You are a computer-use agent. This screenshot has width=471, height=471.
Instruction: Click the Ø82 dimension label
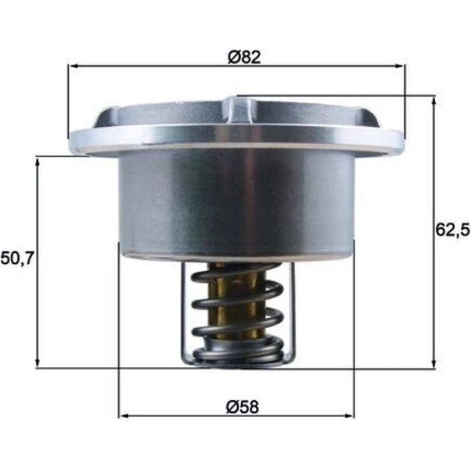(244, 57)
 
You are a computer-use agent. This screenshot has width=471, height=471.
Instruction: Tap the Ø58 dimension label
(242, 407)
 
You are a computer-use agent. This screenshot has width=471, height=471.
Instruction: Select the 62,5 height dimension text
(453, 231)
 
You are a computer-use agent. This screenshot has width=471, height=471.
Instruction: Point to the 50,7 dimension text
(17, 258)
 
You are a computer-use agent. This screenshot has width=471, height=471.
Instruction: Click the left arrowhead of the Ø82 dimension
(73, 66)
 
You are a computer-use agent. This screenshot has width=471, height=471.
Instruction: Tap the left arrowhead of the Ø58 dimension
(124, 416)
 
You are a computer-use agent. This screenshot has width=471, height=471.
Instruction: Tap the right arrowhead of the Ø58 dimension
(349, 416)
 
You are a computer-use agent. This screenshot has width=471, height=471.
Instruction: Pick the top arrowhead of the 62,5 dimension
(434, 102)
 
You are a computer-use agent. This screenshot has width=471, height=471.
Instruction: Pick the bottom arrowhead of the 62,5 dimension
(434, 363)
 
